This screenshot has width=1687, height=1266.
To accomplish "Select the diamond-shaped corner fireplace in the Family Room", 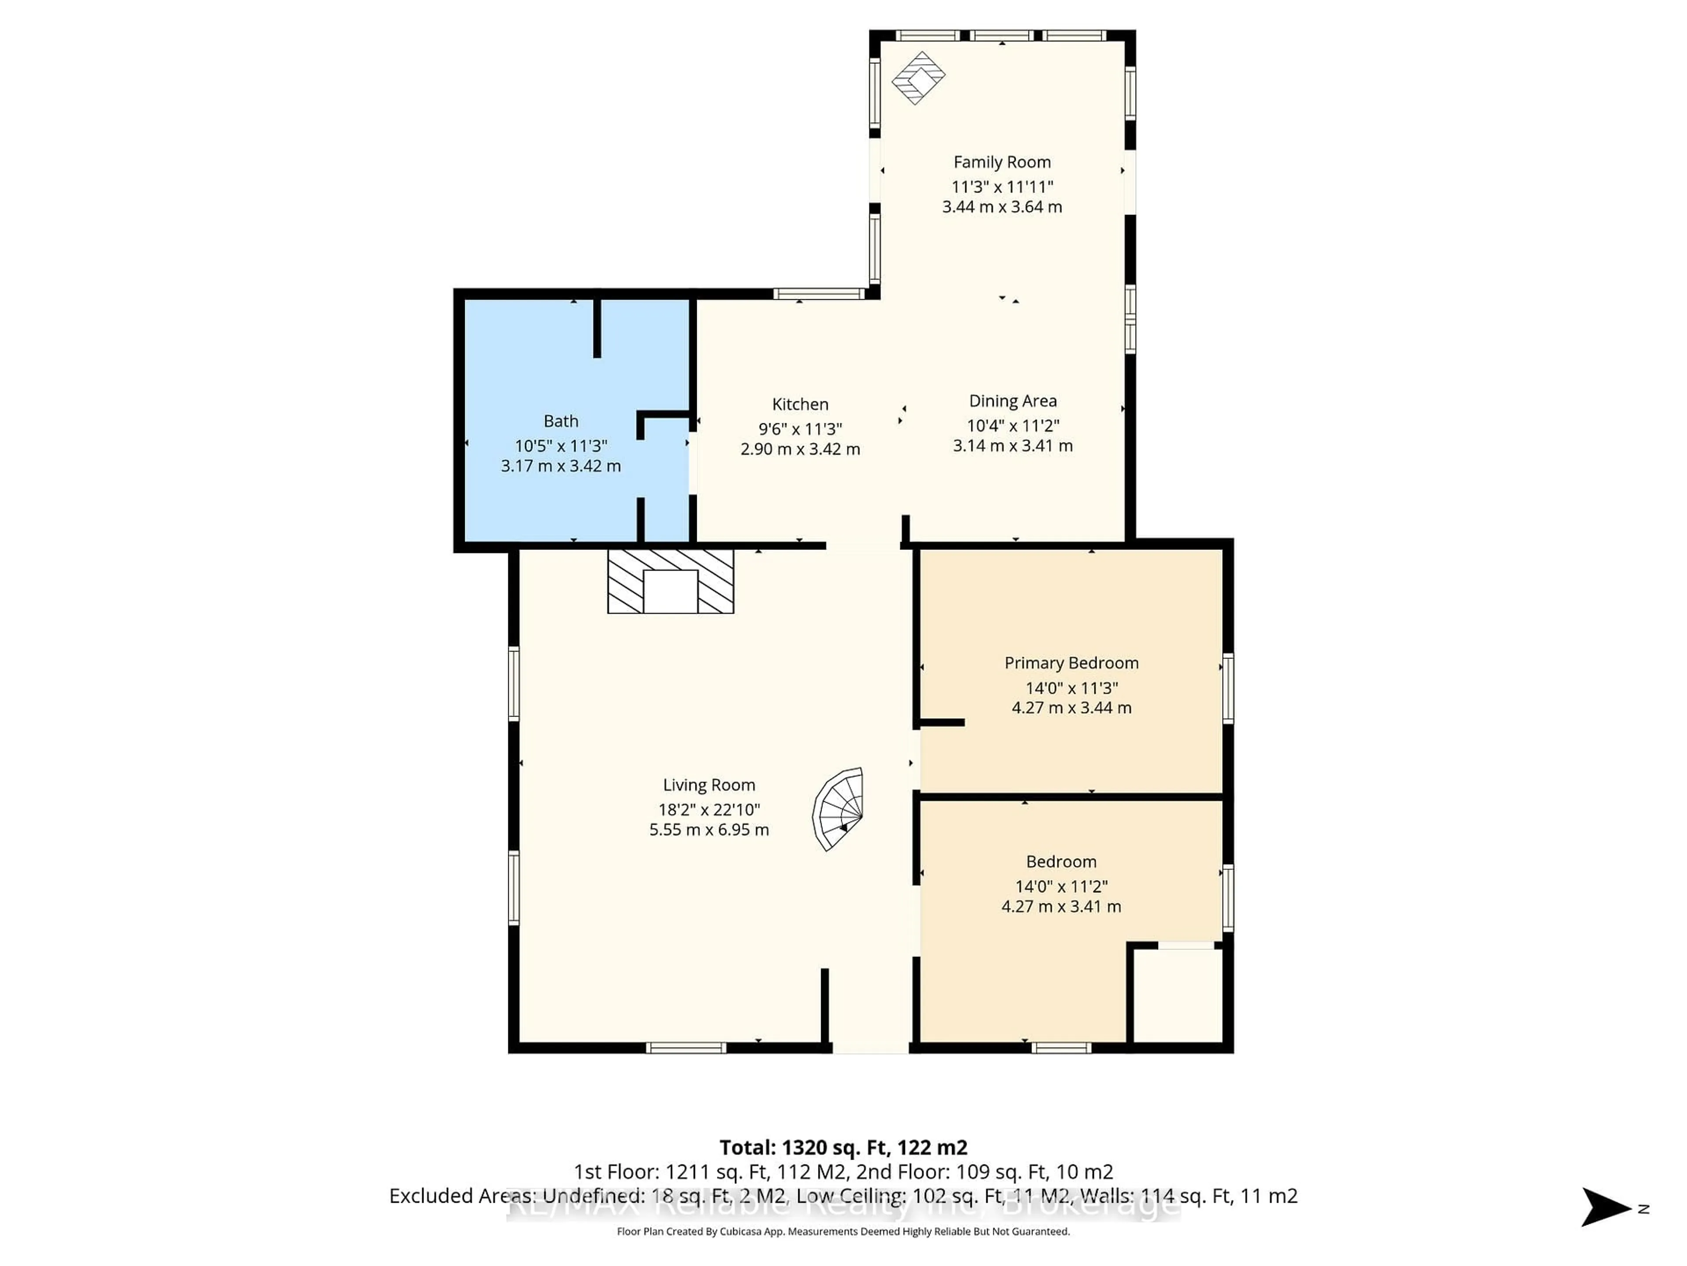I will (918, 77).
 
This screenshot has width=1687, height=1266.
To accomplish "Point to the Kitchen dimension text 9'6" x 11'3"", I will (800, 429).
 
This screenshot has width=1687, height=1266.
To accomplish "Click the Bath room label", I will (561, 421).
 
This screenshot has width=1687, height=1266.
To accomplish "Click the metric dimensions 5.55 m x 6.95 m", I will (709, 829).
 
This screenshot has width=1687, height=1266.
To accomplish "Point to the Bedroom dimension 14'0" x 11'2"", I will (1061, 886).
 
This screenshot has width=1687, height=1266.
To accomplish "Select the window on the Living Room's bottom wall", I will (686, 1048).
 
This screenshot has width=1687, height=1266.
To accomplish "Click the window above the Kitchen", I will (818, 294).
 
